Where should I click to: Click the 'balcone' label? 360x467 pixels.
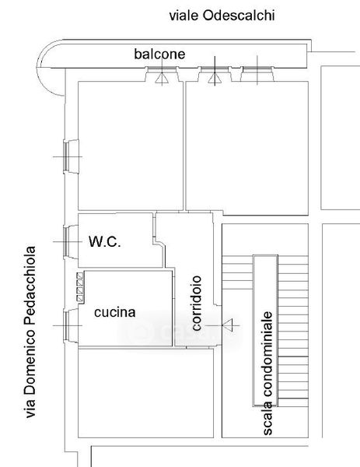(x=159, y=54)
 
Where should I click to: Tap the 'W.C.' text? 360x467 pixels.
(x=105, y=241)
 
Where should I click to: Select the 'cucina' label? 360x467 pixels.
(x=115, y=312)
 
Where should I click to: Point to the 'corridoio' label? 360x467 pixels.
(x=197, y=303)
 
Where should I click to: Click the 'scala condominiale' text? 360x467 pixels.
(x=267, y=373)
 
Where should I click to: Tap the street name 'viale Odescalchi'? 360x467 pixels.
(x=222, y=16)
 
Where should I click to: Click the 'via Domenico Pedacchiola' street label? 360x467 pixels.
(x=30, y=332)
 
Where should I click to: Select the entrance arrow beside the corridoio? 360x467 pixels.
(x=228, y=325)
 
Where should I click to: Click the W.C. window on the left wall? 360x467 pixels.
(x=66, y=241)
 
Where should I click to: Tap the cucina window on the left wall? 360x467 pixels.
(x=66, y=325)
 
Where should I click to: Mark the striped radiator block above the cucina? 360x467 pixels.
(x=80, y=287)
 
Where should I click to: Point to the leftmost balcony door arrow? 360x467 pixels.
(x=162, y=78)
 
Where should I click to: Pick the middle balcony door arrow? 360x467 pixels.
(x=215, y=79)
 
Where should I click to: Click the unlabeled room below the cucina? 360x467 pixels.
(x=145, y=393)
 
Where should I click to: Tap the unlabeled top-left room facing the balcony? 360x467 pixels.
(x=131, y=146)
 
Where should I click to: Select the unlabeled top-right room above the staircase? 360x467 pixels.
(x=247, y=148)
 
